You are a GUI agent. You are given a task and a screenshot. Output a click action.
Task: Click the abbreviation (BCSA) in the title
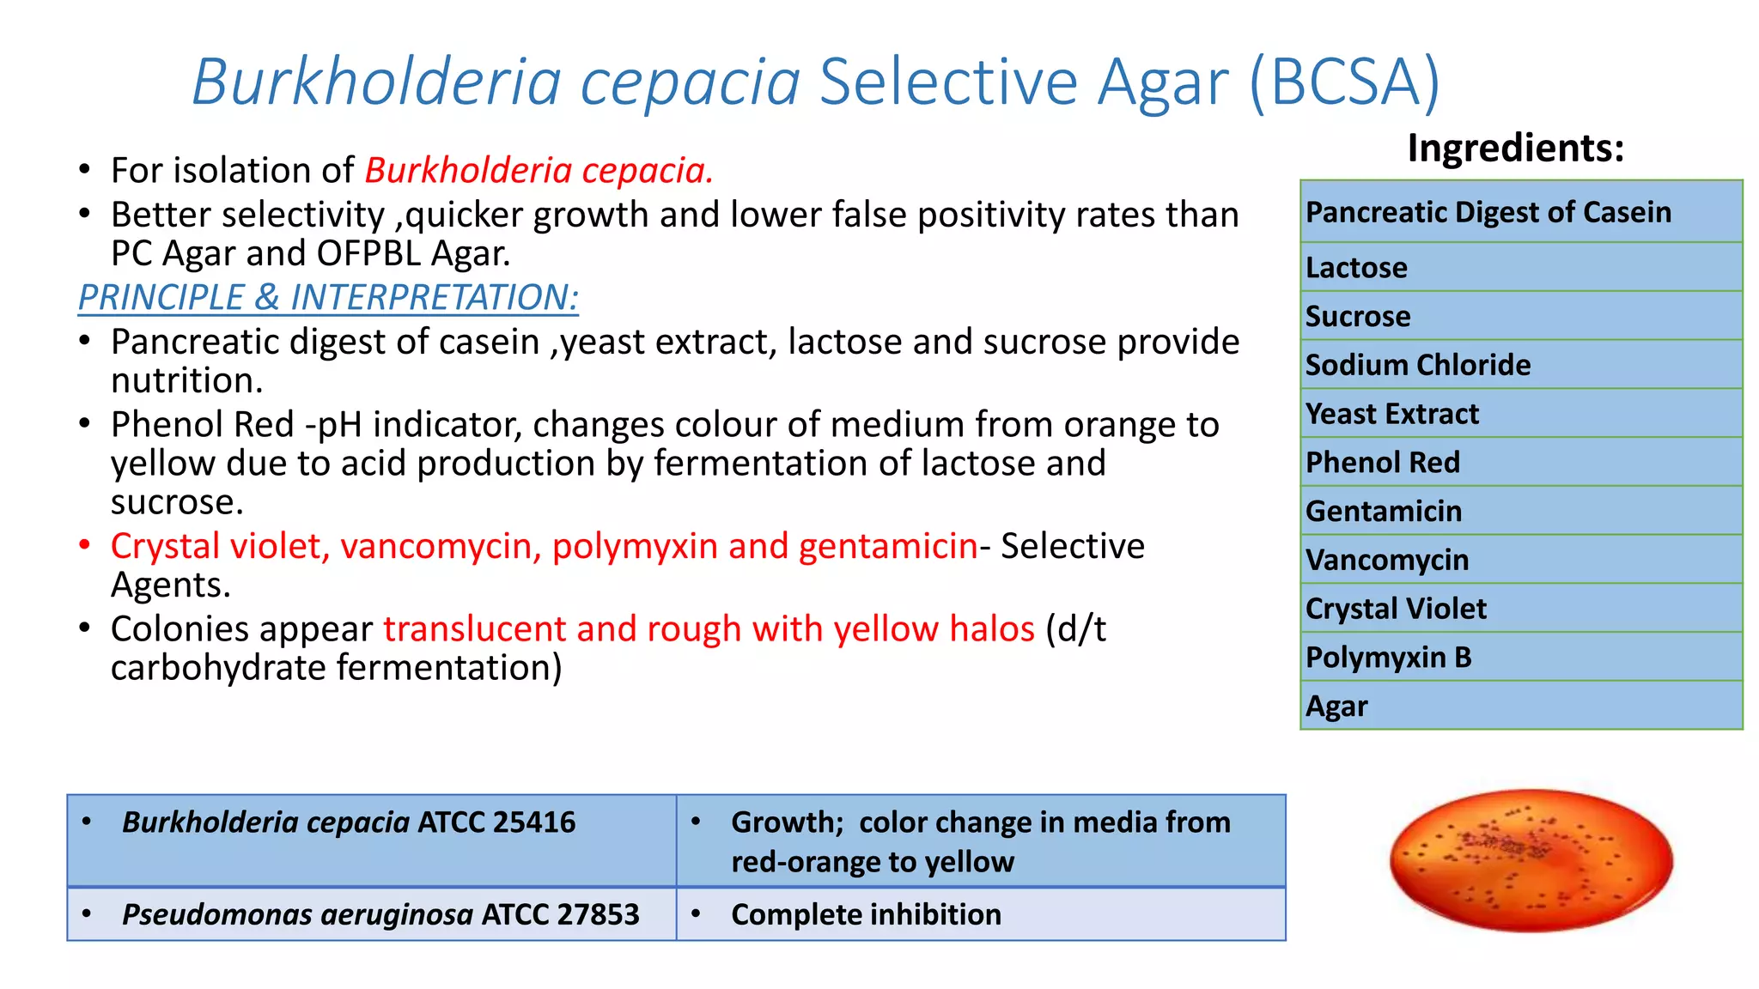point(1344,82)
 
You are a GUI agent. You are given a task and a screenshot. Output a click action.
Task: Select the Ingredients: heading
point(1515,148)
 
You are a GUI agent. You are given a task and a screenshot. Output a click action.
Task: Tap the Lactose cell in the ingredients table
point(1520,267)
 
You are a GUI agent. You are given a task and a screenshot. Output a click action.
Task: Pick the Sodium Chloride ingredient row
point(1520,365)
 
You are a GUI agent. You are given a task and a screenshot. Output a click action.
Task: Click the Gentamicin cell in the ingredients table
point(1520,511)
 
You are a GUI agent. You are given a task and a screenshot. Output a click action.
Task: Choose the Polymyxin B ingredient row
point(1520,658)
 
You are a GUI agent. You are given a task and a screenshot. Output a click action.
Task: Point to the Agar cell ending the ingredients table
point(1520,706)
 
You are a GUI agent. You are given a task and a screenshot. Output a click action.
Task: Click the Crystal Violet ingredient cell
point(1520,609)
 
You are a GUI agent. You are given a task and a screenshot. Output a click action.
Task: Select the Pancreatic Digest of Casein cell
point(1520,212)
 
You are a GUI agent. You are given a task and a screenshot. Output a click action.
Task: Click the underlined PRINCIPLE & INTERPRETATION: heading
point(328,297)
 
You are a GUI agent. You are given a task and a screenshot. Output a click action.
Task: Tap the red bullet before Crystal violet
point(84,546)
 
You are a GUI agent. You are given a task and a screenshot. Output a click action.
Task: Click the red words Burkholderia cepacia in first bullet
point(539,170)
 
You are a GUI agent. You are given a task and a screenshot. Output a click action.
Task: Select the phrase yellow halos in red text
point(934,629)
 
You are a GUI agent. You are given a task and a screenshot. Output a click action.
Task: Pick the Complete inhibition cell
point(980,914)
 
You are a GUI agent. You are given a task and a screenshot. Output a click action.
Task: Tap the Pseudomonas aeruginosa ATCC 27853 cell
point(372,914)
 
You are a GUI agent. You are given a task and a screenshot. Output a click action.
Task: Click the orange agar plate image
point(1531,860)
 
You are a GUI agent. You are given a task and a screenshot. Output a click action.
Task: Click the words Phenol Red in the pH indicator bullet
point(203,425)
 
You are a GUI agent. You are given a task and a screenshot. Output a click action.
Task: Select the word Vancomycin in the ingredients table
point(1387,560)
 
